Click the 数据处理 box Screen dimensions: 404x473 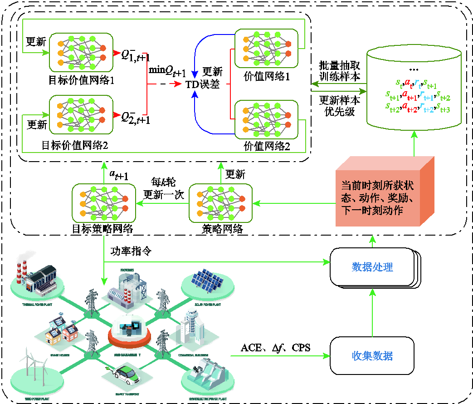click(x=372, y=266)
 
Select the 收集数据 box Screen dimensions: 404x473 click(x=372, y=355)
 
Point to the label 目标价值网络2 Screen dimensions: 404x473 click(x=74, y=145)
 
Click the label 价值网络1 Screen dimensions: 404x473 click(x=267, y=76)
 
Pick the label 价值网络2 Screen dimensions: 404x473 click(x=267, y=146)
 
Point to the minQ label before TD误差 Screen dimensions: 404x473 click(x=167, y=70)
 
